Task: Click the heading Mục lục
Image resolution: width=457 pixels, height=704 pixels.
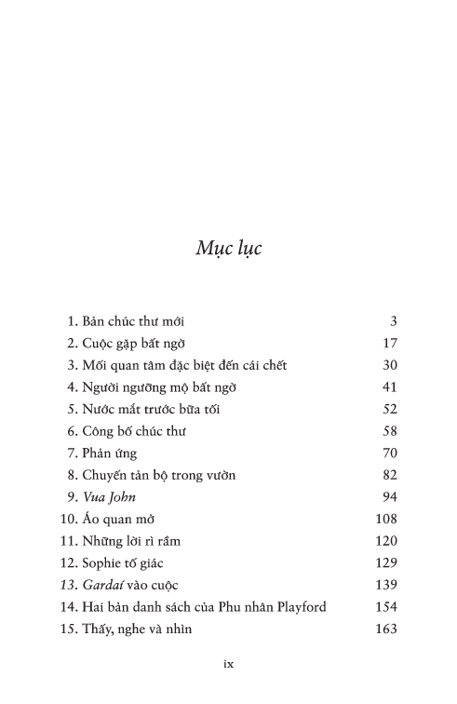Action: [x=229, y=250]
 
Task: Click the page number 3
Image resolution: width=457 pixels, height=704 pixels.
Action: [x=394, y=320]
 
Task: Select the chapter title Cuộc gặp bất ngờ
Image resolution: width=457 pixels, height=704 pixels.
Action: [x=139, y=343]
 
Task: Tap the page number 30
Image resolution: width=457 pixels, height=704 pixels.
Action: [x=390, y=365]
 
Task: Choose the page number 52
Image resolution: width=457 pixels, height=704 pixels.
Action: [x=390, y=409]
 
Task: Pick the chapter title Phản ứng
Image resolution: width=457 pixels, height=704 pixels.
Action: [x=110, y=453]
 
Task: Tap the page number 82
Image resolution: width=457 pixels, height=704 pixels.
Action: [x=390, y=475]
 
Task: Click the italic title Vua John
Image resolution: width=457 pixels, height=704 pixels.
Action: [x=109, y=497]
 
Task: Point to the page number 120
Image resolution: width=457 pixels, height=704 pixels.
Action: [x=386, y=541]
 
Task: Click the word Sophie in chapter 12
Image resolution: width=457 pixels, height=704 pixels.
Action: [x=103, y=563]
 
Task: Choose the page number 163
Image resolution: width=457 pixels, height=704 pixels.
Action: [x=386, y=630]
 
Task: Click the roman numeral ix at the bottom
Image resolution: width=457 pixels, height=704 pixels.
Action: [x=228, y=664]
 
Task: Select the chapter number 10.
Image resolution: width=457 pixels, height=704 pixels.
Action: [x=67, y=519]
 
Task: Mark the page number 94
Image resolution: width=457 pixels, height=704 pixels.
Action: [x=390, y=497]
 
